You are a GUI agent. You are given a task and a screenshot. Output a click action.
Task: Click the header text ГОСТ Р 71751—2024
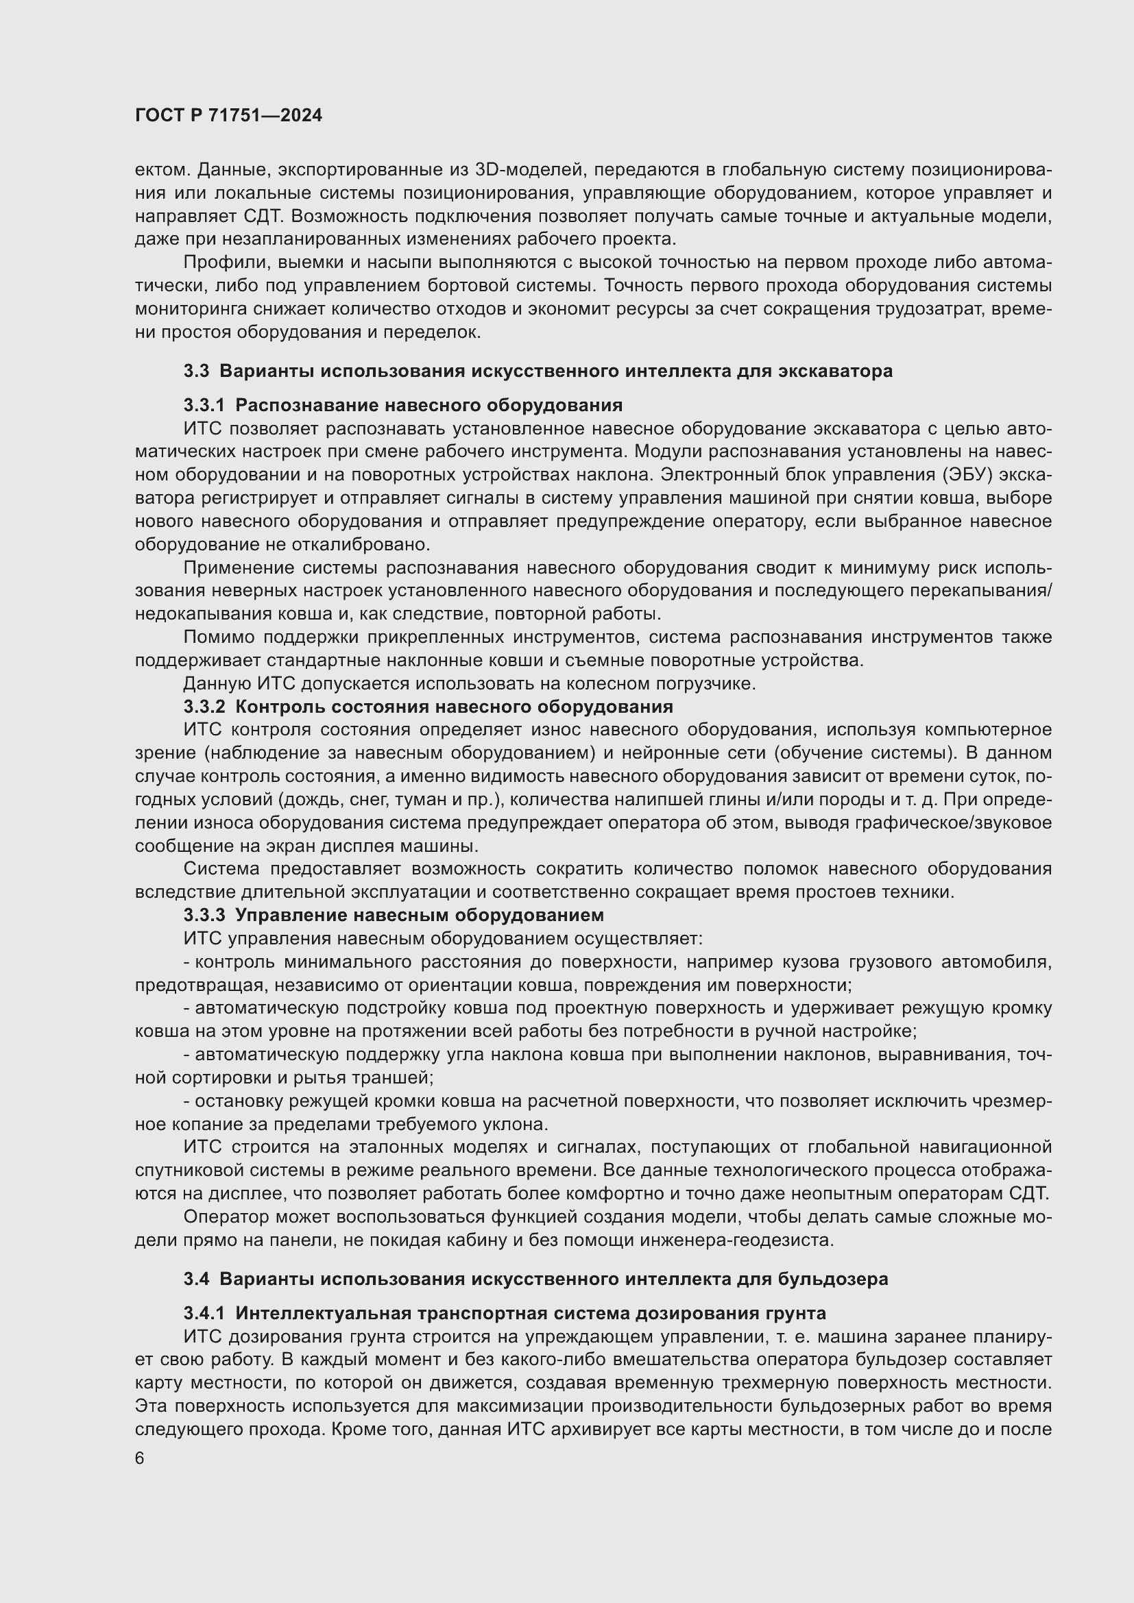coord(228,116)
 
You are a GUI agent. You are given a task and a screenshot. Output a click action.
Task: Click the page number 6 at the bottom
coord(140,1458)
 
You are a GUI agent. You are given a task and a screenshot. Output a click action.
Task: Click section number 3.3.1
coord(204,406)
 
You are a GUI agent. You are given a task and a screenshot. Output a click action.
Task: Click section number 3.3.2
coord(204,707)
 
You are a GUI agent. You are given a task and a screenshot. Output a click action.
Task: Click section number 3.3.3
coord(204,916)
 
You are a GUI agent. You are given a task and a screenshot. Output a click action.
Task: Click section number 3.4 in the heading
coord(196,1279)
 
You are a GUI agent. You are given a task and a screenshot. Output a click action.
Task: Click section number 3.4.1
coord(204,1313)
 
